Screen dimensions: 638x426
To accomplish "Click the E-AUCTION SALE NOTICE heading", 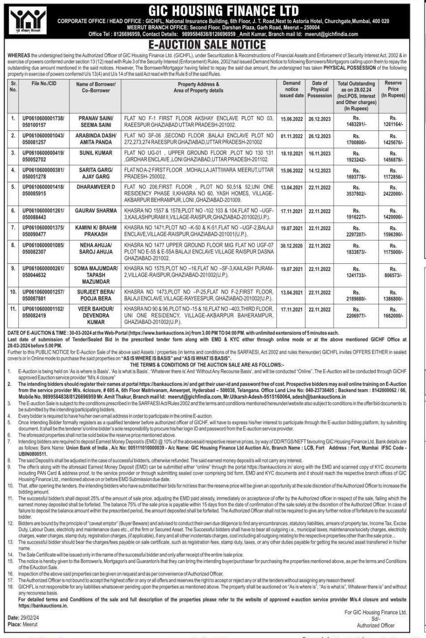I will [x=213, y=45].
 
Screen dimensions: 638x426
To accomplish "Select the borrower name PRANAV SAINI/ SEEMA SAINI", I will [x=96, y=122].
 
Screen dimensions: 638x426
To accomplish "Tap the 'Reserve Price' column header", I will [x=392, y=89].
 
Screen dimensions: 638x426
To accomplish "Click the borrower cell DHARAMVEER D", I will [x=96, y=187].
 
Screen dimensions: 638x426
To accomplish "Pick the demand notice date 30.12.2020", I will [x=291, y=246].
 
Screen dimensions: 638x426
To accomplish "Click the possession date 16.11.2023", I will [x=319, y=153].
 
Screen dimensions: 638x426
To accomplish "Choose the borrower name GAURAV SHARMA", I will [x=96, y=210].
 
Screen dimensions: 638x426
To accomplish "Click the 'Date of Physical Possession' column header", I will [x=319, y=89].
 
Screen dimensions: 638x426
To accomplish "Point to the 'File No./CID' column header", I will [x=44, y=83].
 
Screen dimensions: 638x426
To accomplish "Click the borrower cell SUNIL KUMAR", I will [x=96, y=153].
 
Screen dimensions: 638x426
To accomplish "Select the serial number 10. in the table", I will [x=13, y=292].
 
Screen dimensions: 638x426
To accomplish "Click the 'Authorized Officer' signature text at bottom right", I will [x=375, y=625].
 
